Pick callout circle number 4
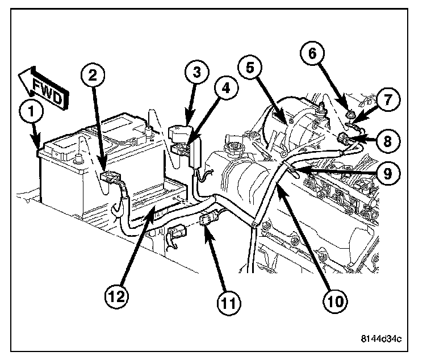[226, 90]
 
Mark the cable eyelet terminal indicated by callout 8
[343, 138]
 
